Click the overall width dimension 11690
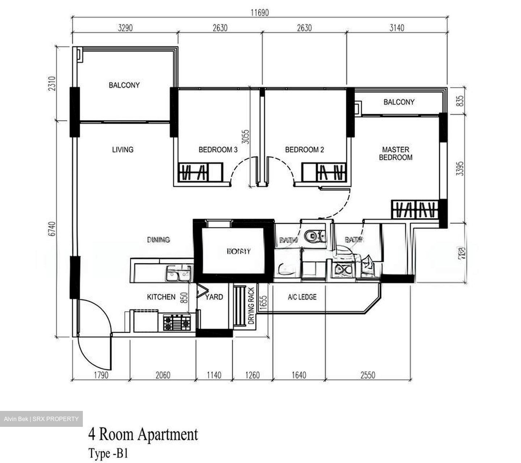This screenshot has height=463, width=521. pos(260,13)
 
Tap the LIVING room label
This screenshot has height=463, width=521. pos(123,149)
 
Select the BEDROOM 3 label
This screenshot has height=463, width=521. pos(218,149)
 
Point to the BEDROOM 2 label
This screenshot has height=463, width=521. pos(304,149)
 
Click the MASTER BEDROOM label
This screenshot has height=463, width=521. pos(395,153)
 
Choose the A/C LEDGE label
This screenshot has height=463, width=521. pos(302,297)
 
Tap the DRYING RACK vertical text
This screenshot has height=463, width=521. pos(251,306)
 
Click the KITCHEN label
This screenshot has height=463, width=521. pos(161,297)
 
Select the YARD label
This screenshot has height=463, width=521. pos(214,297)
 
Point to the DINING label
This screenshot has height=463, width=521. pos(158,240)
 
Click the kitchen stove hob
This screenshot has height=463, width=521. pos(176,322)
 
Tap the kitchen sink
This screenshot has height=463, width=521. pos(178,273)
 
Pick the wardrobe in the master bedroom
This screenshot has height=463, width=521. pos(415,209)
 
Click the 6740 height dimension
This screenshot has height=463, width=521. pos(53,229)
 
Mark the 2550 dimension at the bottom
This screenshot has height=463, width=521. pos(368,375)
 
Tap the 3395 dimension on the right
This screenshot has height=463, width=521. pos(459,168)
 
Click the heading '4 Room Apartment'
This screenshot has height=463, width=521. pos(143,434)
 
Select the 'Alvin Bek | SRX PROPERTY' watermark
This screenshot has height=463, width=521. pos(41,419)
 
